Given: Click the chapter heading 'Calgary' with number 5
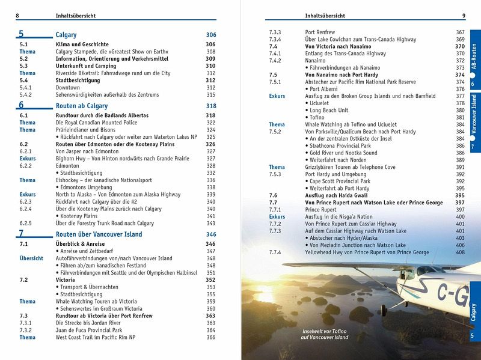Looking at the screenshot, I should pyautogui.click(x=66, y=35).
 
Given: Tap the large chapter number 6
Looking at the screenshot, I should pyautogui.click(x=21, y=105).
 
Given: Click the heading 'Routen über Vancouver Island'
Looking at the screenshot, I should pyautogui.click(x=99, y=234).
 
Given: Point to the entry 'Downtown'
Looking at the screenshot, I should pyautogui.click(x=67, y=87).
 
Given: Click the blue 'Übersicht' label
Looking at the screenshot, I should pyautogui.click(x=31, y=258).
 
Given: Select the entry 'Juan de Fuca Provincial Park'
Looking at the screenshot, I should pyautogui.click(x=88, y=330).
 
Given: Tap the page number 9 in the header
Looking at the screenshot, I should pyautogui.click(x=464, y=15).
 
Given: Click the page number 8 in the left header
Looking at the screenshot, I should pyautogui.click(x=17, y=15).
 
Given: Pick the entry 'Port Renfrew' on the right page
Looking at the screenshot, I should pyautogui.click(x=320, y=32).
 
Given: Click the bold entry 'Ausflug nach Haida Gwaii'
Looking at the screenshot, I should pyautogui.click(x=337, y=195).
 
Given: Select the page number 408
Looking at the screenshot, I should pyautogui.click(x=460, y=252).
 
